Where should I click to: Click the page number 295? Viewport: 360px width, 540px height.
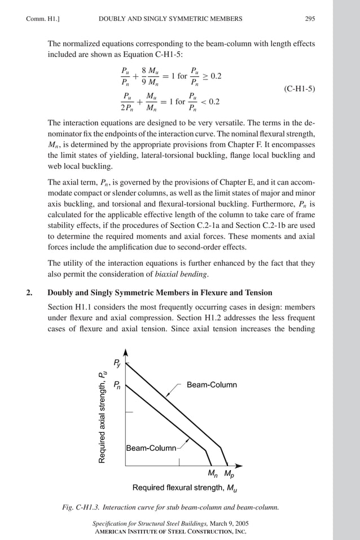310,19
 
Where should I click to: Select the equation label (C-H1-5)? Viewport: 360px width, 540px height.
299,89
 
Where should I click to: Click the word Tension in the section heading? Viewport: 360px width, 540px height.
257,292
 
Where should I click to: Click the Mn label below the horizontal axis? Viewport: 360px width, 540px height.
213,473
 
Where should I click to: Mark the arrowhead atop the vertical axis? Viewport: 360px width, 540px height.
126,352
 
